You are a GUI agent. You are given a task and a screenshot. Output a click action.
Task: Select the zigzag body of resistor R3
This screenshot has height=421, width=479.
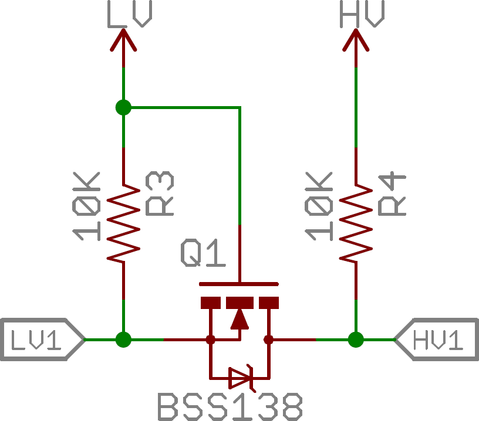(x=123, y=224)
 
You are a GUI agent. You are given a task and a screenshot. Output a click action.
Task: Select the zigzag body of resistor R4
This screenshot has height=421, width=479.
(x=356, y=224)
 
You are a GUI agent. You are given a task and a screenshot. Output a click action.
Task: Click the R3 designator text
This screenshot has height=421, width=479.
(x=160, y=193)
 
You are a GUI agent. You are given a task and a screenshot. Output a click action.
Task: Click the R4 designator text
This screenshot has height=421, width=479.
(x=392, y=193)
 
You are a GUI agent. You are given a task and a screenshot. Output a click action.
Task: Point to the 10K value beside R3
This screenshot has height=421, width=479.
(x=87, y=206)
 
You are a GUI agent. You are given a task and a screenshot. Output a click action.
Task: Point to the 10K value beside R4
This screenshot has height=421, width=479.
(x=320, y=206)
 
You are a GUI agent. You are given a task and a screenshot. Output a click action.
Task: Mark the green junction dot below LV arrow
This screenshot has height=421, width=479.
(x=123, y=107)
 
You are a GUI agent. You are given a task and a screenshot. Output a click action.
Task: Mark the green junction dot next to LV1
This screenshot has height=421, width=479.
(x=123, y=339)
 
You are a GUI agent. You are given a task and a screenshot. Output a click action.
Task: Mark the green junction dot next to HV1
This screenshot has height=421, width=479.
(x=356, y=339)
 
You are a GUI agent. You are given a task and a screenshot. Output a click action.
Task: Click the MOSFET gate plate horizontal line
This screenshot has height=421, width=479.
(x=239, y=284)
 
